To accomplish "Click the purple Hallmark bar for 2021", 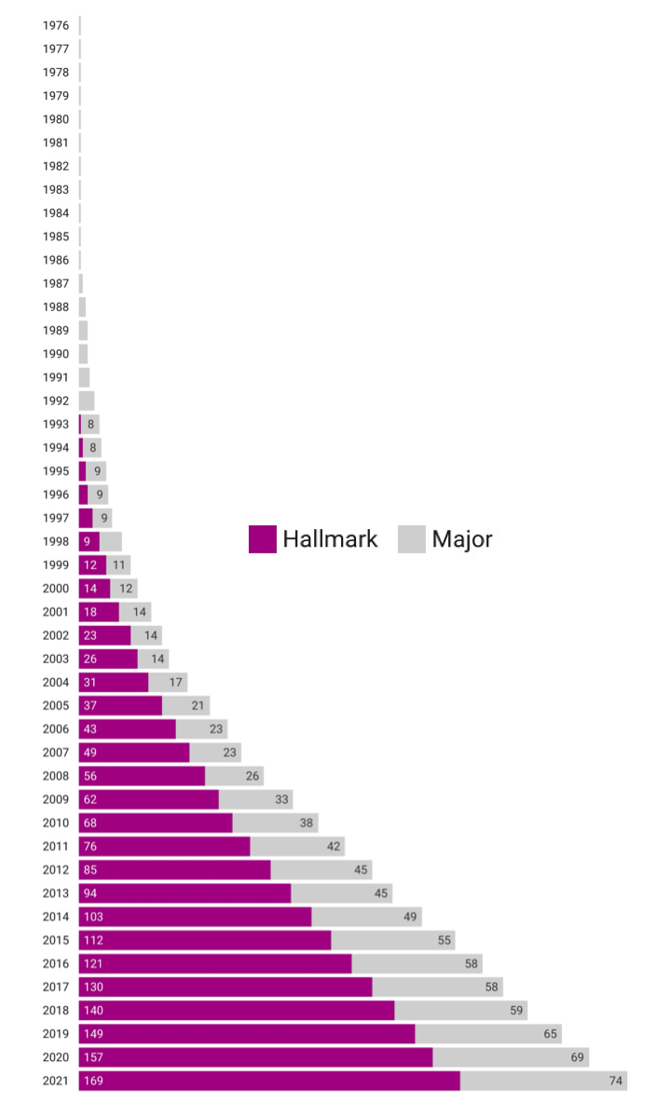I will (270, 1081).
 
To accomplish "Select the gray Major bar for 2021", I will (543, 1081).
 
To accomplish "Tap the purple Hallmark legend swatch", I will (263, 539).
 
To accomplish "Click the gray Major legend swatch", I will (412, 539).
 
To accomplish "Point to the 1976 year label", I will (56, 25).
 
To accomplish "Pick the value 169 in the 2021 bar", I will (93, 1081).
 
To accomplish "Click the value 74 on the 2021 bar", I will (616, 1081).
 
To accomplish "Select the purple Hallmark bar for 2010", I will (156, 823).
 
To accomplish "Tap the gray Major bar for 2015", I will (392, 940).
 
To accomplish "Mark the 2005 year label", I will (56, 705).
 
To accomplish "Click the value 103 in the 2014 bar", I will (93, 917).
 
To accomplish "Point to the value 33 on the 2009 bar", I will (281, 799).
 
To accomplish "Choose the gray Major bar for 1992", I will (87, 401).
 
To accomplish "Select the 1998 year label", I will (56, 541).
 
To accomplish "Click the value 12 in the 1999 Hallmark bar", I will (89, 564).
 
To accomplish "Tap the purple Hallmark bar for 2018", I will (237, 1011).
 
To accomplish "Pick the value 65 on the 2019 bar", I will (551, 1034).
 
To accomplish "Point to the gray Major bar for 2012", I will (321, 869).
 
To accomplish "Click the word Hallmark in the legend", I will (331, 539).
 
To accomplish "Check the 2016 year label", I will (56, 963).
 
